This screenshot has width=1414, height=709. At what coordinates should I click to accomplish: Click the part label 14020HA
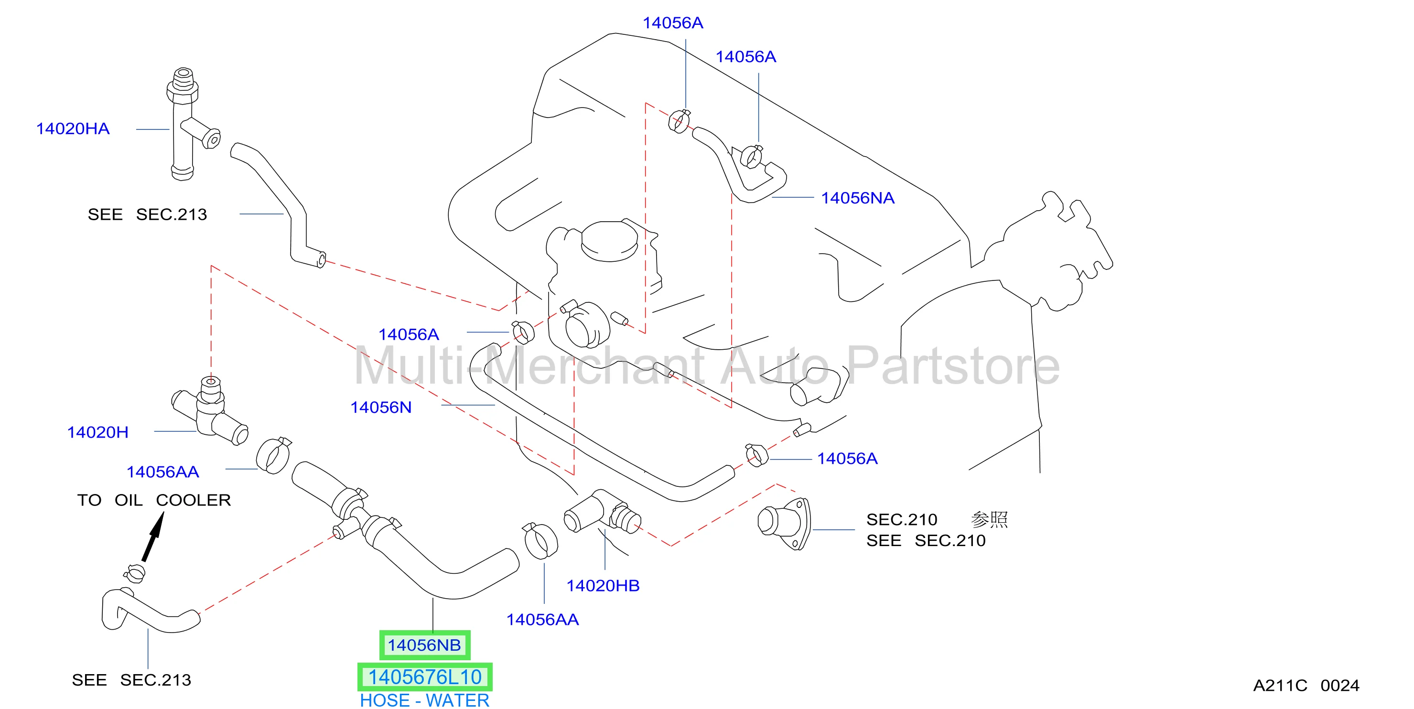tap(73, 129)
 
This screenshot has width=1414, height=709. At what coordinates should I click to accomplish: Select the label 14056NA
tap(857, 198)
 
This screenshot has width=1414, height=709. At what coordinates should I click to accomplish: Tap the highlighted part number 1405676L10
tap(425, 677)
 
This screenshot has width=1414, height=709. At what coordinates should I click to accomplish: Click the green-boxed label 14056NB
tap(424, 645)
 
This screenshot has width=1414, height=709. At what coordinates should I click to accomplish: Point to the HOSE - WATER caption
tap(424, 701)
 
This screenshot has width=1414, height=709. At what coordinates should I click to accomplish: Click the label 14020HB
tap(603, 586)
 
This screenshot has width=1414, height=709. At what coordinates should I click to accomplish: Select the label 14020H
tap(97, 432)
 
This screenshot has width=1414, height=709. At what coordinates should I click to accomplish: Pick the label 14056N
tap(381, 408)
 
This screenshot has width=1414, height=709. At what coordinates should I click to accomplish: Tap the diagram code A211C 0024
tap(1306, 686)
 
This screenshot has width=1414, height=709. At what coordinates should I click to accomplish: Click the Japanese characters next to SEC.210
tap(989, 519)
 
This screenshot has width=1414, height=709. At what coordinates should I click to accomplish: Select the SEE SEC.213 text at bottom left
tap(131, 680)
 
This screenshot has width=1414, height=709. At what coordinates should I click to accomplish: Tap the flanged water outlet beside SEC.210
tap(784, 523)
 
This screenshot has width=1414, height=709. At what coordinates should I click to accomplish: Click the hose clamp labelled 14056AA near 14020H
tap(273, 455)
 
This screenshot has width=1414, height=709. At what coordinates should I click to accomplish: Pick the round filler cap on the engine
tap(609, 241)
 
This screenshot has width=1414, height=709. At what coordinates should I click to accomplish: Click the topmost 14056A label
tap(673, 23)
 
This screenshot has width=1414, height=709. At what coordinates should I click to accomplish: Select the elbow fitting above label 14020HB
tap(602, 512)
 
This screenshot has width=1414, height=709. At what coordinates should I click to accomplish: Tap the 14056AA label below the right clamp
tap(542, 620)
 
